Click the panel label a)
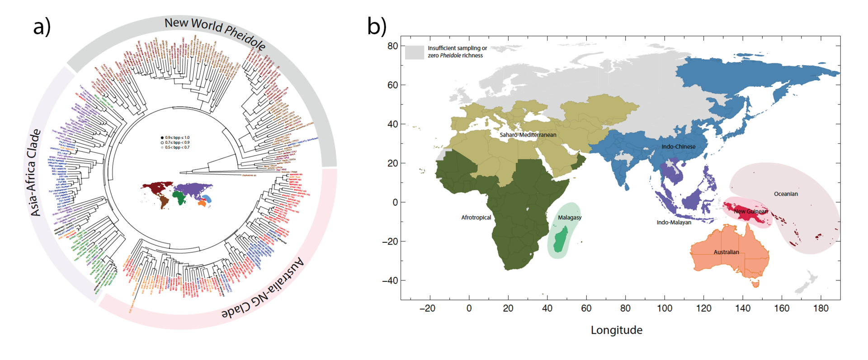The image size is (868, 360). pyautogui.click(x=42, y=27)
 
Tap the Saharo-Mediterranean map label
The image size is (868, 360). pyautogui.click(x=528, y=135)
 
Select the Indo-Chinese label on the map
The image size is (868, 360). pyautogui.click(x=678, y=147)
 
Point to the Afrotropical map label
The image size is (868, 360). pyautogui.click(x=476, y=218)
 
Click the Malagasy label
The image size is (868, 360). pyautogui.click(x=569, y=218)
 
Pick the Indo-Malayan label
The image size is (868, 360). pyautogui.click(x=674, y=223)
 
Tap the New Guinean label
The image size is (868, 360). pyautogui.click(x=750, y=211)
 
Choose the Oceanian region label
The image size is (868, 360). pyautogui.click(x=786, y=194)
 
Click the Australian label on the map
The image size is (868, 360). pyautogui.click(x=726, y=252)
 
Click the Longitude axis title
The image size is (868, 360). pyautogui.click(x=616, y=330)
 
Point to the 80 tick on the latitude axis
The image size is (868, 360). pyautogui.click(x=392, y=46)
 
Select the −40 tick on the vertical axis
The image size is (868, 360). pyautogui.click(x=389, y=280)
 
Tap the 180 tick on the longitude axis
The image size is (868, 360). pyautogui.click(x=821, y=308)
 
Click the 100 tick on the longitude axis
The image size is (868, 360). pyautogui.click(x=664, y=308)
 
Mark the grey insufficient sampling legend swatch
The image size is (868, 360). pyautogui.click(x=414, y=52)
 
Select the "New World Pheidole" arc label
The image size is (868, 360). pyautogui.click(x=215, y=32)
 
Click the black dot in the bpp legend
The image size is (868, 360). pyautogui.click(x=162, y=137)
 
